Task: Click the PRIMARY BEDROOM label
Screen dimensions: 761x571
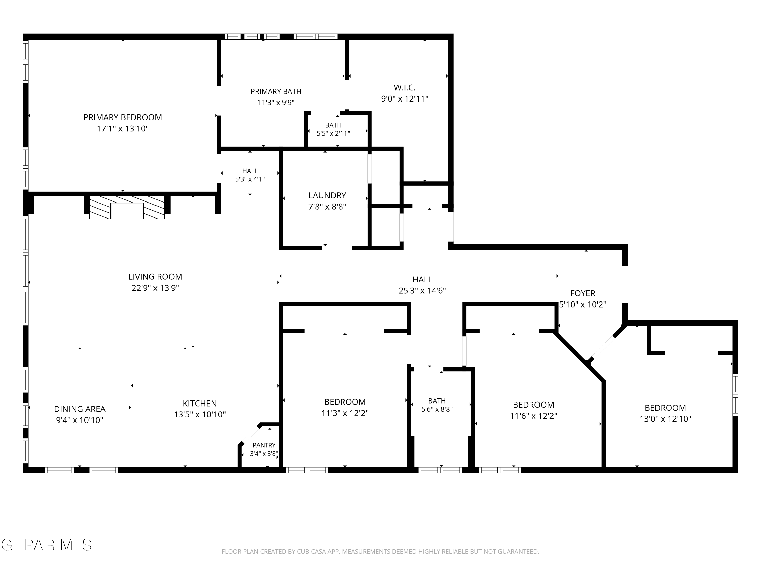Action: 123,117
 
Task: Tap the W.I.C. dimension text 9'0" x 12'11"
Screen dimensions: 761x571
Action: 405,99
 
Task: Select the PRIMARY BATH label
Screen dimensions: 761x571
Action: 276,92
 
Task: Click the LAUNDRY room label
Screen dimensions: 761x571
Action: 327,195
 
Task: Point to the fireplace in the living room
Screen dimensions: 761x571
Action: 127,207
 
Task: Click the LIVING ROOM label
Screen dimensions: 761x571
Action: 155,277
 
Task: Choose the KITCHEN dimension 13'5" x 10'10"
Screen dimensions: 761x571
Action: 200,414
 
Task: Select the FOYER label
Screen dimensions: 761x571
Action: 582,293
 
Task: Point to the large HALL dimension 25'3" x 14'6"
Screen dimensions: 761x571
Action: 422,291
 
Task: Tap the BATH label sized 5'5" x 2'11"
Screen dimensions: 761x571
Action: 333,125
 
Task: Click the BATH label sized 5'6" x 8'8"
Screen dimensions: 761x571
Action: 437,401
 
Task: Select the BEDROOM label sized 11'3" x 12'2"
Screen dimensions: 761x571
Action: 345,402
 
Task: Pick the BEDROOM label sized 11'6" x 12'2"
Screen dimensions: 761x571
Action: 533,405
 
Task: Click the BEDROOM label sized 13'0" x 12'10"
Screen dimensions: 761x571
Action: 665,408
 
